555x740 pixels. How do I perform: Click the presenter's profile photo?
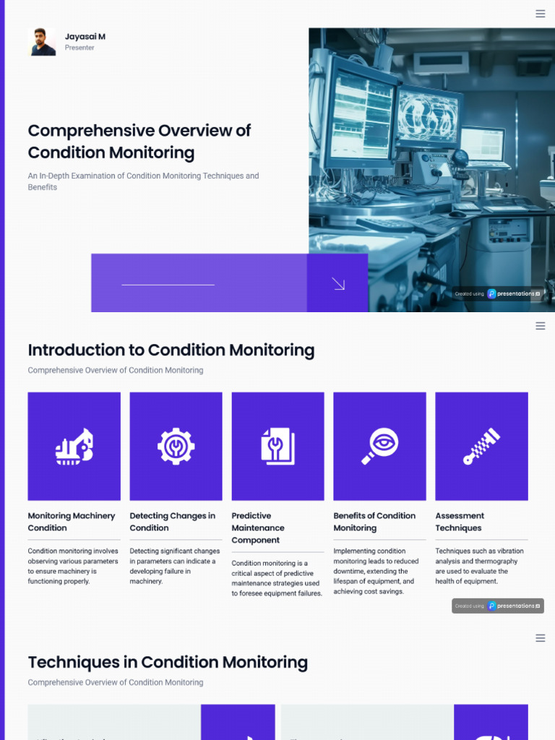coord(42,42)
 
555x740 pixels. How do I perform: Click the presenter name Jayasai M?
coord(85,36)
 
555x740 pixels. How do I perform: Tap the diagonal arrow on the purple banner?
coord(338,283)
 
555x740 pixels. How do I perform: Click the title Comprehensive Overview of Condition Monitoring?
coord(139,142)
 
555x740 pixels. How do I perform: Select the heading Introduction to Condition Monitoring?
coord(171,350)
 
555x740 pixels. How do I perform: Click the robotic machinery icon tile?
coord(74,446)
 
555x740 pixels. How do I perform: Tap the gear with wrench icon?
coord(176,446)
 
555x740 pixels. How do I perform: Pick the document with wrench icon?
coord(278,446)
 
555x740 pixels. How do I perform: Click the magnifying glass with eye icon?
coord(380,446)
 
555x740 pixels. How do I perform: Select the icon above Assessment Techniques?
coord(481,446)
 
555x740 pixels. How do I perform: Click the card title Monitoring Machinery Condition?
coord(72,522)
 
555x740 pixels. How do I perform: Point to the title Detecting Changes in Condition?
coord(173,522)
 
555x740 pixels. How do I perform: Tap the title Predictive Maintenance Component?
coord(258,528)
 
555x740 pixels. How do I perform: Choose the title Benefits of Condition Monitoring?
coord(374,522)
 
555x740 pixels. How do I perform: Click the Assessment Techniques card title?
coord(460,522)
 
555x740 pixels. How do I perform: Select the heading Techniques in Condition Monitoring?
coord(168,663)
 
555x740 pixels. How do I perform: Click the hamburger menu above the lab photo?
coord(541,14)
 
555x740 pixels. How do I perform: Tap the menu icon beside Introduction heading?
coord(541,326)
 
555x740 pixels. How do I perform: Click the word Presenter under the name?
coord(79,48)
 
